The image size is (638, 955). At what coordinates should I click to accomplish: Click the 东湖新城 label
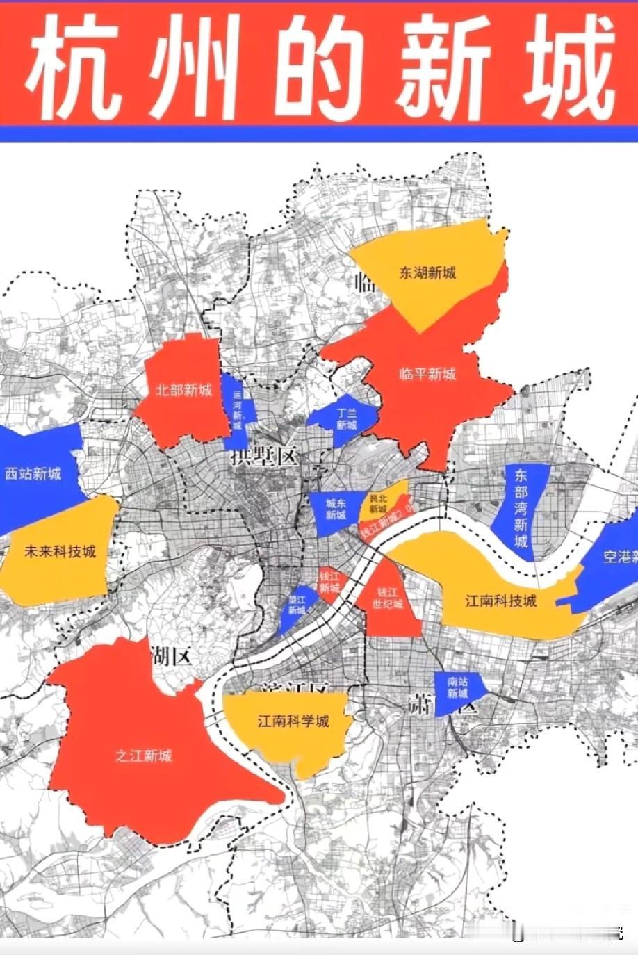click(428, 272)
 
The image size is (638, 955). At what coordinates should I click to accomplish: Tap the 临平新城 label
click(427, 374)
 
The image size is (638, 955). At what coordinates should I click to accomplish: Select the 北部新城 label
click(183, 390)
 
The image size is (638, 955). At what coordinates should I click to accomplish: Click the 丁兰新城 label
click(345, 418)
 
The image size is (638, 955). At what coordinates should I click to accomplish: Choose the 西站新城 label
click(33, 474)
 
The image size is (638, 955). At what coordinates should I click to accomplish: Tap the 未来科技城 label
click(60, 553)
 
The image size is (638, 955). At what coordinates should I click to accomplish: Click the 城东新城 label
click(336, 509)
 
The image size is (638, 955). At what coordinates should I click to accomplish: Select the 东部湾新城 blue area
click(521, 507)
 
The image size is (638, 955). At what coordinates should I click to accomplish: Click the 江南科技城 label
click(500, 601)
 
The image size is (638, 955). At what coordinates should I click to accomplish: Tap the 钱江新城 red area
click(329, 582)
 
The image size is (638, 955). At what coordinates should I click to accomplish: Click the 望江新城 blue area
click(297, 604)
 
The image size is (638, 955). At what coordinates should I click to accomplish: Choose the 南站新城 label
click(457, 688)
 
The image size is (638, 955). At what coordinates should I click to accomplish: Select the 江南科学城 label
click(293, 721)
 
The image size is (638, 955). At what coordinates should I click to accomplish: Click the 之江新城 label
click(144, 756)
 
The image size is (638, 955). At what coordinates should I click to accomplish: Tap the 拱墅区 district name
click(264, 457)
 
